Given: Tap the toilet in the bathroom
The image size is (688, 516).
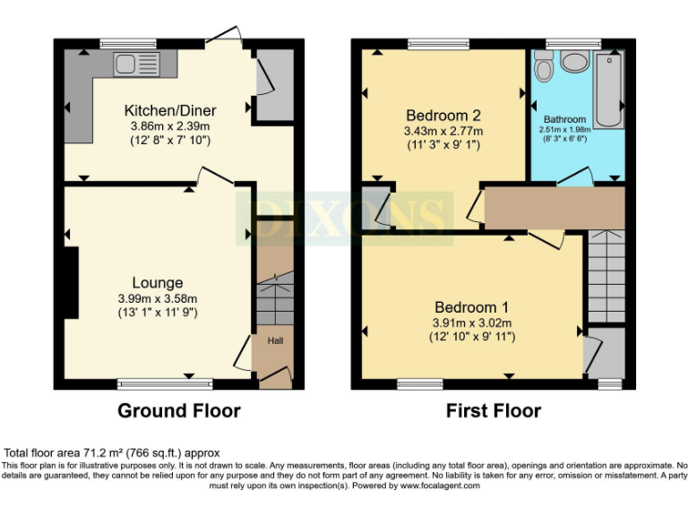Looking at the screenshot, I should [543, 68].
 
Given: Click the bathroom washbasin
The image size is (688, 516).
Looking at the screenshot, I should [574, 63].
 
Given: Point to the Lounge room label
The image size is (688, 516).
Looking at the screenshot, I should [158, 282].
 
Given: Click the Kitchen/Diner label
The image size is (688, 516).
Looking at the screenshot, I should [170, 110].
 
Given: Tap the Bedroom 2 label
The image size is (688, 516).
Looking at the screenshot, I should [443, 116].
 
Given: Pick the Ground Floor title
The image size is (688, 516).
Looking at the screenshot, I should [179, 411].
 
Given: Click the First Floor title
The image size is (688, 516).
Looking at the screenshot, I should [494, 411].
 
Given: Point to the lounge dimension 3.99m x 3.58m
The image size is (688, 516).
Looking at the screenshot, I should [158, 298].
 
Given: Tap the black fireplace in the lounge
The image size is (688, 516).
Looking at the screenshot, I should [70, 282].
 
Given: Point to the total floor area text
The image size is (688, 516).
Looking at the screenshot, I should [113, 453].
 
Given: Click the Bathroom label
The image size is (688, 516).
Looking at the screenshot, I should [565, 119].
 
